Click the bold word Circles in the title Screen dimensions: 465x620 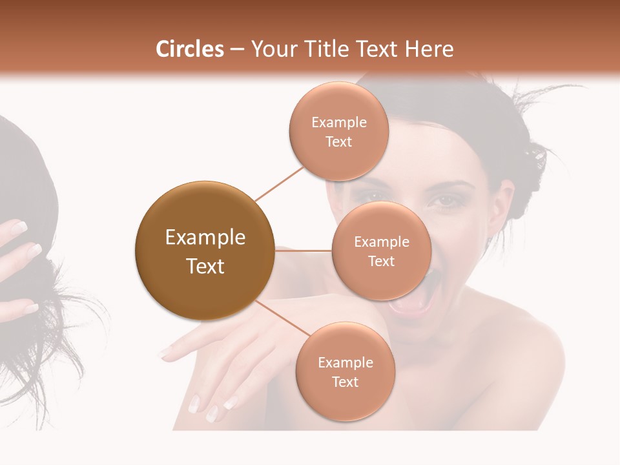189,49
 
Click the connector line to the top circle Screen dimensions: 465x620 280,183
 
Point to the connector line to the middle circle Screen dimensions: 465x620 303,251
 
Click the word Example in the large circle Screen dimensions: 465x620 205,238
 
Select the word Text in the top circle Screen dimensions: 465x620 338,142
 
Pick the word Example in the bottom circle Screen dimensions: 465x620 345,362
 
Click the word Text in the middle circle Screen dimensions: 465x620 381,261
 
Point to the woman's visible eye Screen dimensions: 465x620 445,201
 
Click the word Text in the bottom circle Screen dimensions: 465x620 345,382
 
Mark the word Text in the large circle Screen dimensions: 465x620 205,266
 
